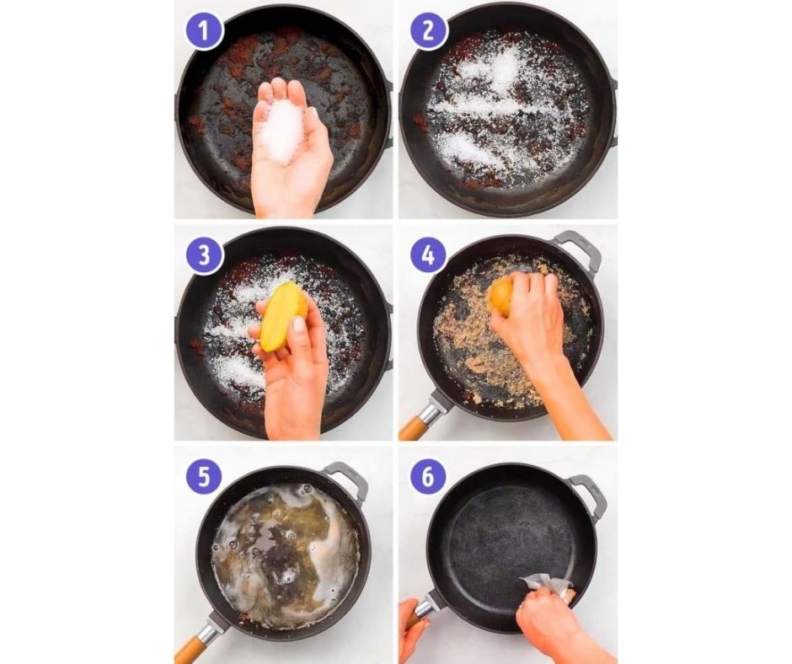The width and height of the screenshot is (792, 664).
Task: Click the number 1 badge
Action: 203,31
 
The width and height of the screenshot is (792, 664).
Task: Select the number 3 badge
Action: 204,255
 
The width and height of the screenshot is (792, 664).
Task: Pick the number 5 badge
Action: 204,477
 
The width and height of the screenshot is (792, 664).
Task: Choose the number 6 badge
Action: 428,476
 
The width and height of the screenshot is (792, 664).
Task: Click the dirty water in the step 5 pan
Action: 283,546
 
